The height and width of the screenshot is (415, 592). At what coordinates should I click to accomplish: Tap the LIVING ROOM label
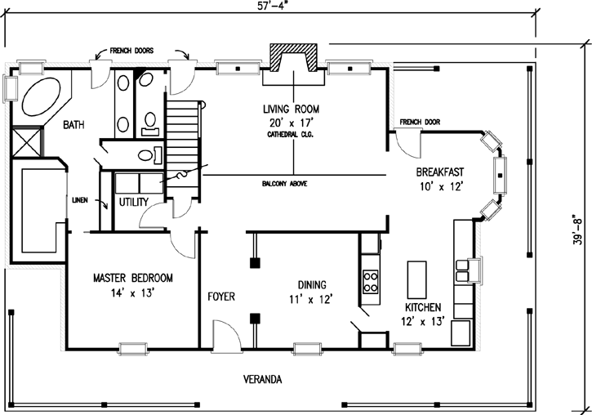pos(290,109)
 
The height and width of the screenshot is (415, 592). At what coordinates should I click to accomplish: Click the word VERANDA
pos(263,380)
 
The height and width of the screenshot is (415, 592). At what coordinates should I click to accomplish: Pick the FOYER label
pos(221,296)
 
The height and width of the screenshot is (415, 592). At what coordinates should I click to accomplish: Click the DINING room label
pos(312,284)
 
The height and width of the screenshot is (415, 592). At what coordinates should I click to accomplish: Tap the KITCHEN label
pos(423,307)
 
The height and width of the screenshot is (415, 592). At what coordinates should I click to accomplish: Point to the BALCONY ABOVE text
pos(284,185)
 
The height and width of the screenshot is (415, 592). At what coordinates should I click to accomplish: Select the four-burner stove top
pos(370,281)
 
